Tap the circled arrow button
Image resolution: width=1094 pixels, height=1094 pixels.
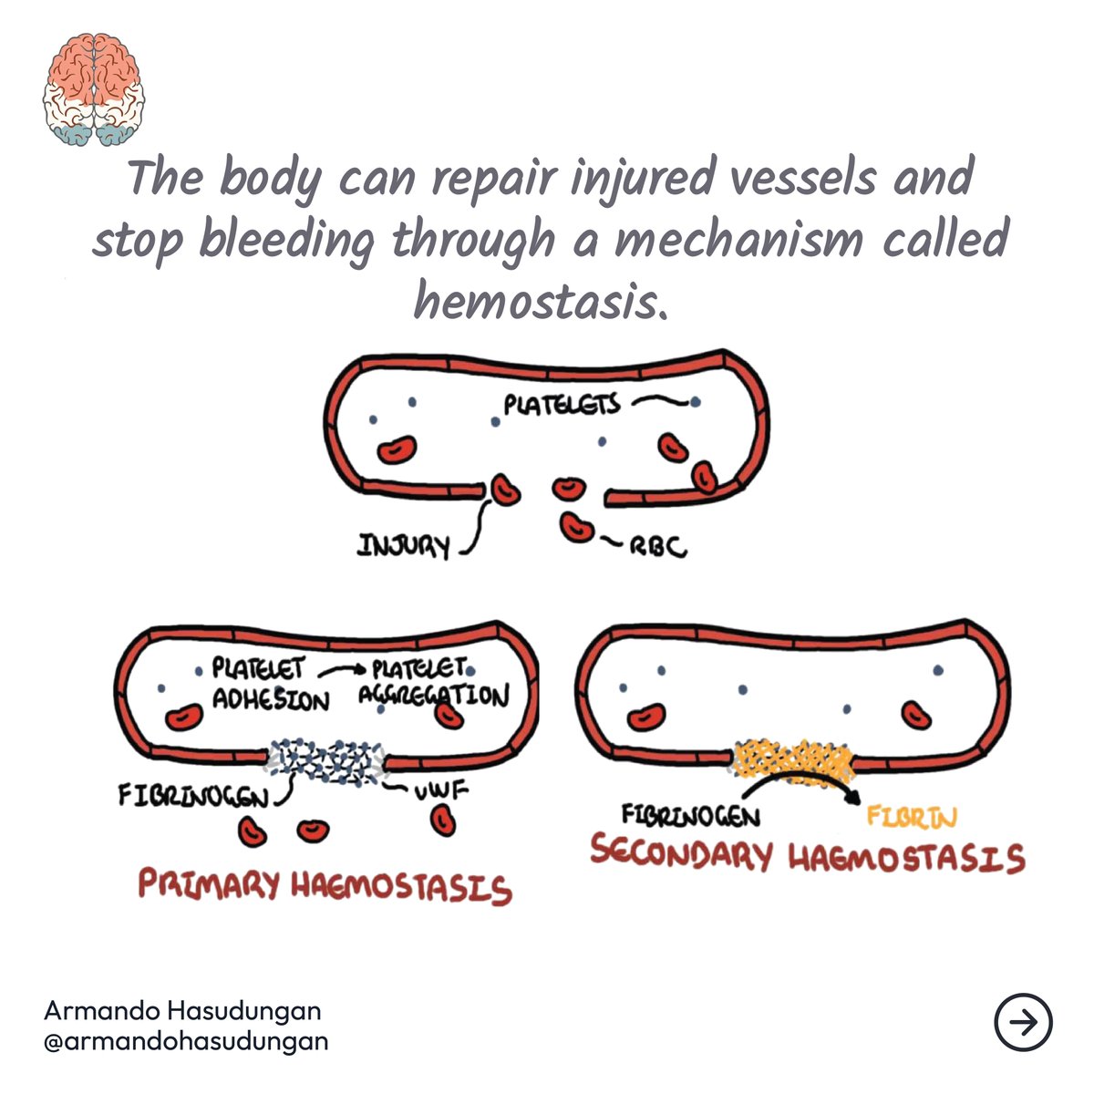tap(1023, 1023)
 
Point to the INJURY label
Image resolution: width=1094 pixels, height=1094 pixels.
tap(404, 547)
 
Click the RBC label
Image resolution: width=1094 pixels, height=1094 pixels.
tap(656, 548)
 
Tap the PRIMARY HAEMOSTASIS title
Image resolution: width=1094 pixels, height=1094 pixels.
tap(324, 886)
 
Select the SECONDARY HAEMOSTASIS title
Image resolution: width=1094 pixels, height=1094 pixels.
tap(808, 857)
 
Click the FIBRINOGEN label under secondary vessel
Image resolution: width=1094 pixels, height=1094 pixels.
tap(690, 814)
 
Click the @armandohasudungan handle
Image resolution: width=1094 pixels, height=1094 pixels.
tap(186, 1040)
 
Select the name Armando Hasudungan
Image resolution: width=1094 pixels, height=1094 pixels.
tap(182, 1011)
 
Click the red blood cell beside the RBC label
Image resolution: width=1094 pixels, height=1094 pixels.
tap(576, 527)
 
